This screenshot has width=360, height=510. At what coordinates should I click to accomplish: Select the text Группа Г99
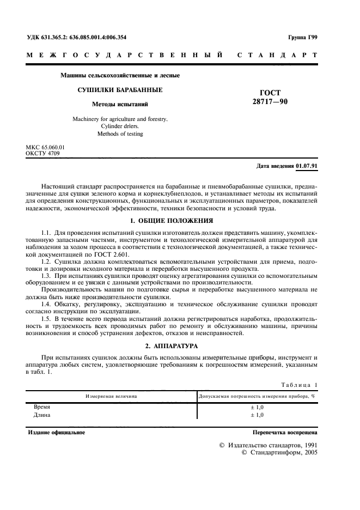point(303,37)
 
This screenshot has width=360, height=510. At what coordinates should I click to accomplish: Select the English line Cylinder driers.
point(120,126)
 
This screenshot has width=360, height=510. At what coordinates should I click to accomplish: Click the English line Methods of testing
point(120,133)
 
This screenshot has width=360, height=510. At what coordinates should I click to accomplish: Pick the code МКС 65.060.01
point(45,148)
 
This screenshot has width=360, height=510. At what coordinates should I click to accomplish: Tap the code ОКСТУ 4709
point(43,154)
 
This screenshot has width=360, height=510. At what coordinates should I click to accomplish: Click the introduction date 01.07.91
point(307,166)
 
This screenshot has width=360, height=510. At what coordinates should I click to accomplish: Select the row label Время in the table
point(42,406)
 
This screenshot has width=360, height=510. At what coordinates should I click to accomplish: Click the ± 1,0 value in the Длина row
point(257,415)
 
